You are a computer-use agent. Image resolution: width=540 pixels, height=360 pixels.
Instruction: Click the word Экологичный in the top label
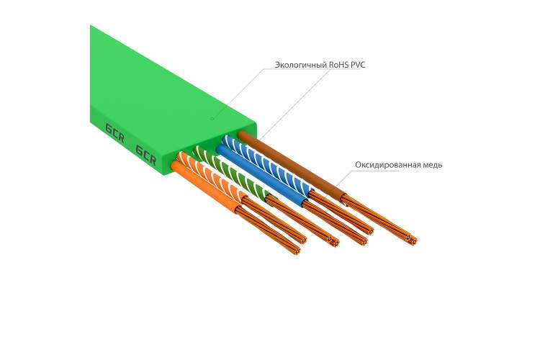pos(301,65)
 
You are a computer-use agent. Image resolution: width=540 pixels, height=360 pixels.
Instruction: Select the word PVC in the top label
pos(358,64)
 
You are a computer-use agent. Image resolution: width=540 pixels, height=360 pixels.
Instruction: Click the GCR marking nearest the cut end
pos(145,155)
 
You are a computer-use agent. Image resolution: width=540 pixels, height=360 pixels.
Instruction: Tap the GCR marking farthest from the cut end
pos(114,132)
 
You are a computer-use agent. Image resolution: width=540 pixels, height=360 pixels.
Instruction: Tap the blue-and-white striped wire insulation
pos(268,163)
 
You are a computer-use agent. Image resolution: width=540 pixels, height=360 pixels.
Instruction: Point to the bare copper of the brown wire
pos(379,219)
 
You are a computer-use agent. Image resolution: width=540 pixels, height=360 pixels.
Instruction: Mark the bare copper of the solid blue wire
pos(334,223)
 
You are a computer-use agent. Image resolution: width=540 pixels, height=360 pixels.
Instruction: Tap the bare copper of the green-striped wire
pos(303,222)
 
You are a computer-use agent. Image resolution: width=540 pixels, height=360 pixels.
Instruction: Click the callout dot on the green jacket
pos(212,118)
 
